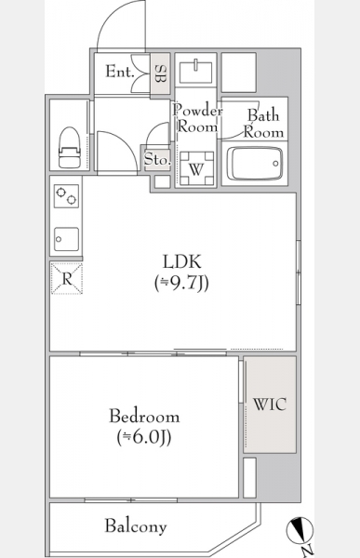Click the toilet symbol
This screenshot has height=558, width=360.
[x=70, y=147]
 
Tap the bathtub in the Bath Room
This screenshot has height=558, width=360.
[x=255, y=164]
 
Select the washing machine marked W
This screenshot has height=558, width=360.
[x=196, y=168]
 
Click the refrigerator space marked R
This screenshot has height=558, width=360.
[x=67, y=278]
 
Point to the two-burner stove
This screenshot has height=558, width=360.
[x=66, y=196]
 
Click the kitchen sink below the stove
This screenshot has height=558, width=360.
[x=66, y=239]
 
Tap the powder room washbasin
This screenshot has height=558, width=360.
[x=196, y=73]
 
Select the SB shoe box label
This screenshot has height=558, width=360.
[x=160, y=73]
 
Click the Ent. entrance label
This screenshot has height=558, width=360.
[x=120, y=72]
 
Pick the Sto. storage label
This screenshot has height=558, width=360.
[x=157, y=159]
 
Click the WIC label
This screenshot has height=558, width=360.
[x=270, y=405]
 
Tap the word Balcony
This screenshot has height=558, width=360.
[x=136, y=525]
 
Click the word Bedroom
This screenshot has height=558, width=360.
[x=144, y=416]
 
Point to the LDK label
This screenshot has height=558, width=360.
[x=182, y=261]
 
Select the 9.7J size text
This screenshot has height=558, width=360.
[x=181, y=284]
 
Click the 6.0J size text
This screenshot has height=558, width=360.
[x=144, y=437]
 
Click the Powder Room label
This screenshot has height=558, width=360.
[x=197, y=118]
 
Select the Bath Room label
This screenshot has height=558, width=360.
[x=263, y=124]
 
